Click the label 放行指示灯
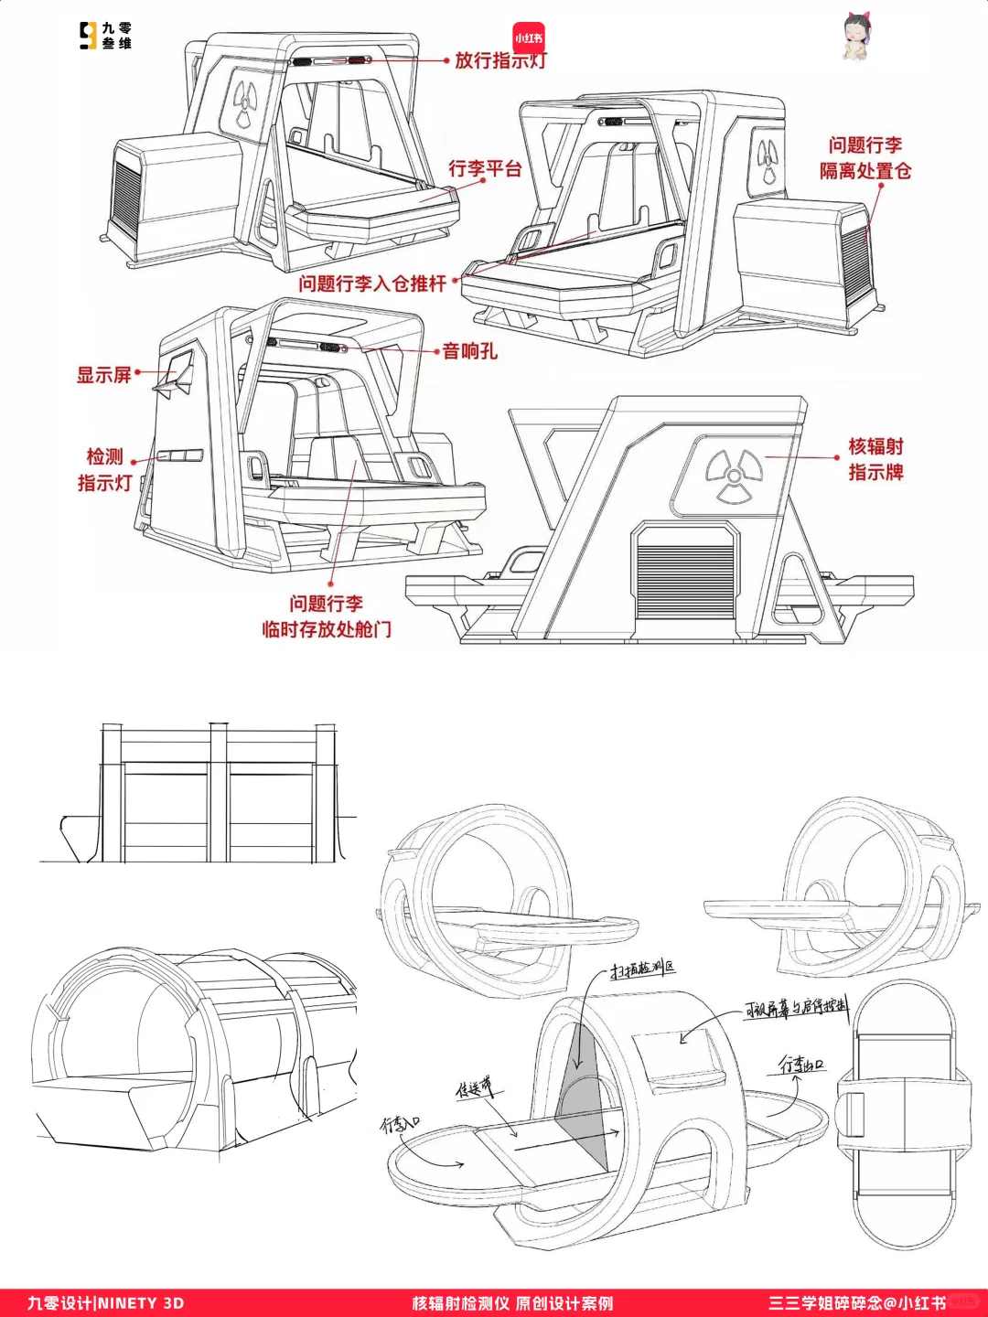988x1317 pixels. [499, 60]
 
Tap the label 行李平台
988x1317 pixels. [485, 169]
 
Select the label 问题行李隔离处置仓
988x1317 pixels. [864, 158]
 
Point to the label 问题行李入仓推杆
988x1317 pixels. [372, 284]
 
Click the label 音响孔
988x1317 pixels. [470, 351]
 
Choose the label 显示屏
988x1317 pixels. [103, 375]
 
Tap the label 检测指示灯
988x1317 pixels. [104, 469]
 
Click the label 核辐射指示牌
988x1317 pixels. [875, 459]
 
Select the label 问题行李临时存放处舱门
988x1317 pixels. [327, 616]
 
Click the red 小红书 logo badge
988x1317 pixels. [528, 38]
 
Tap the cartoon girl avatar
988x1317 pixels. [856, 37]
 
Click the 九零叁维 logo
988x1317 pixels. [105, 36]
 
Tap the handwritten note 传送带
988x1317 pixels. [474, 1087]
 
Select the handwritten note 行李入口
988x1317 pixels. [400, 1124]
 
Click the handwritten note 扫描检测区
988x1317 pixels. [643, 969]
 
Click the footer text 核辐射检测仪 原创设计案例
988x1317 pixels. [512, 1303]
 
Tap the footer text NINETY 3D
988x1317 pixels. [141, 1303]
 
